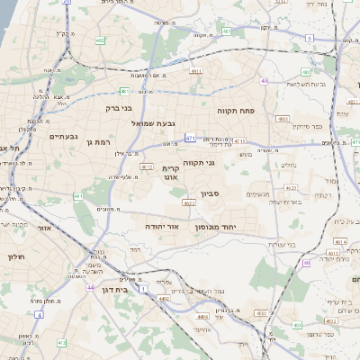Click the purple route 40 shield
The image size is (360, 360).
pos(265,81)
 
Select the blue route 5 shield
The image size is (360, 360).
pos(309,38)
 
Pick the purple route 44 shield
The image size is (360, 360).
pos(91,287)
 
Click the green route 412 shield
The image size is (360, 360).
pos(61,343)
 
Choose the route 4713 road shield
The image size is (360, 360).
pos(239,140)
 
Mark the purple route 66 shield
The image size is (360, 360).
pos(306,263)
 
